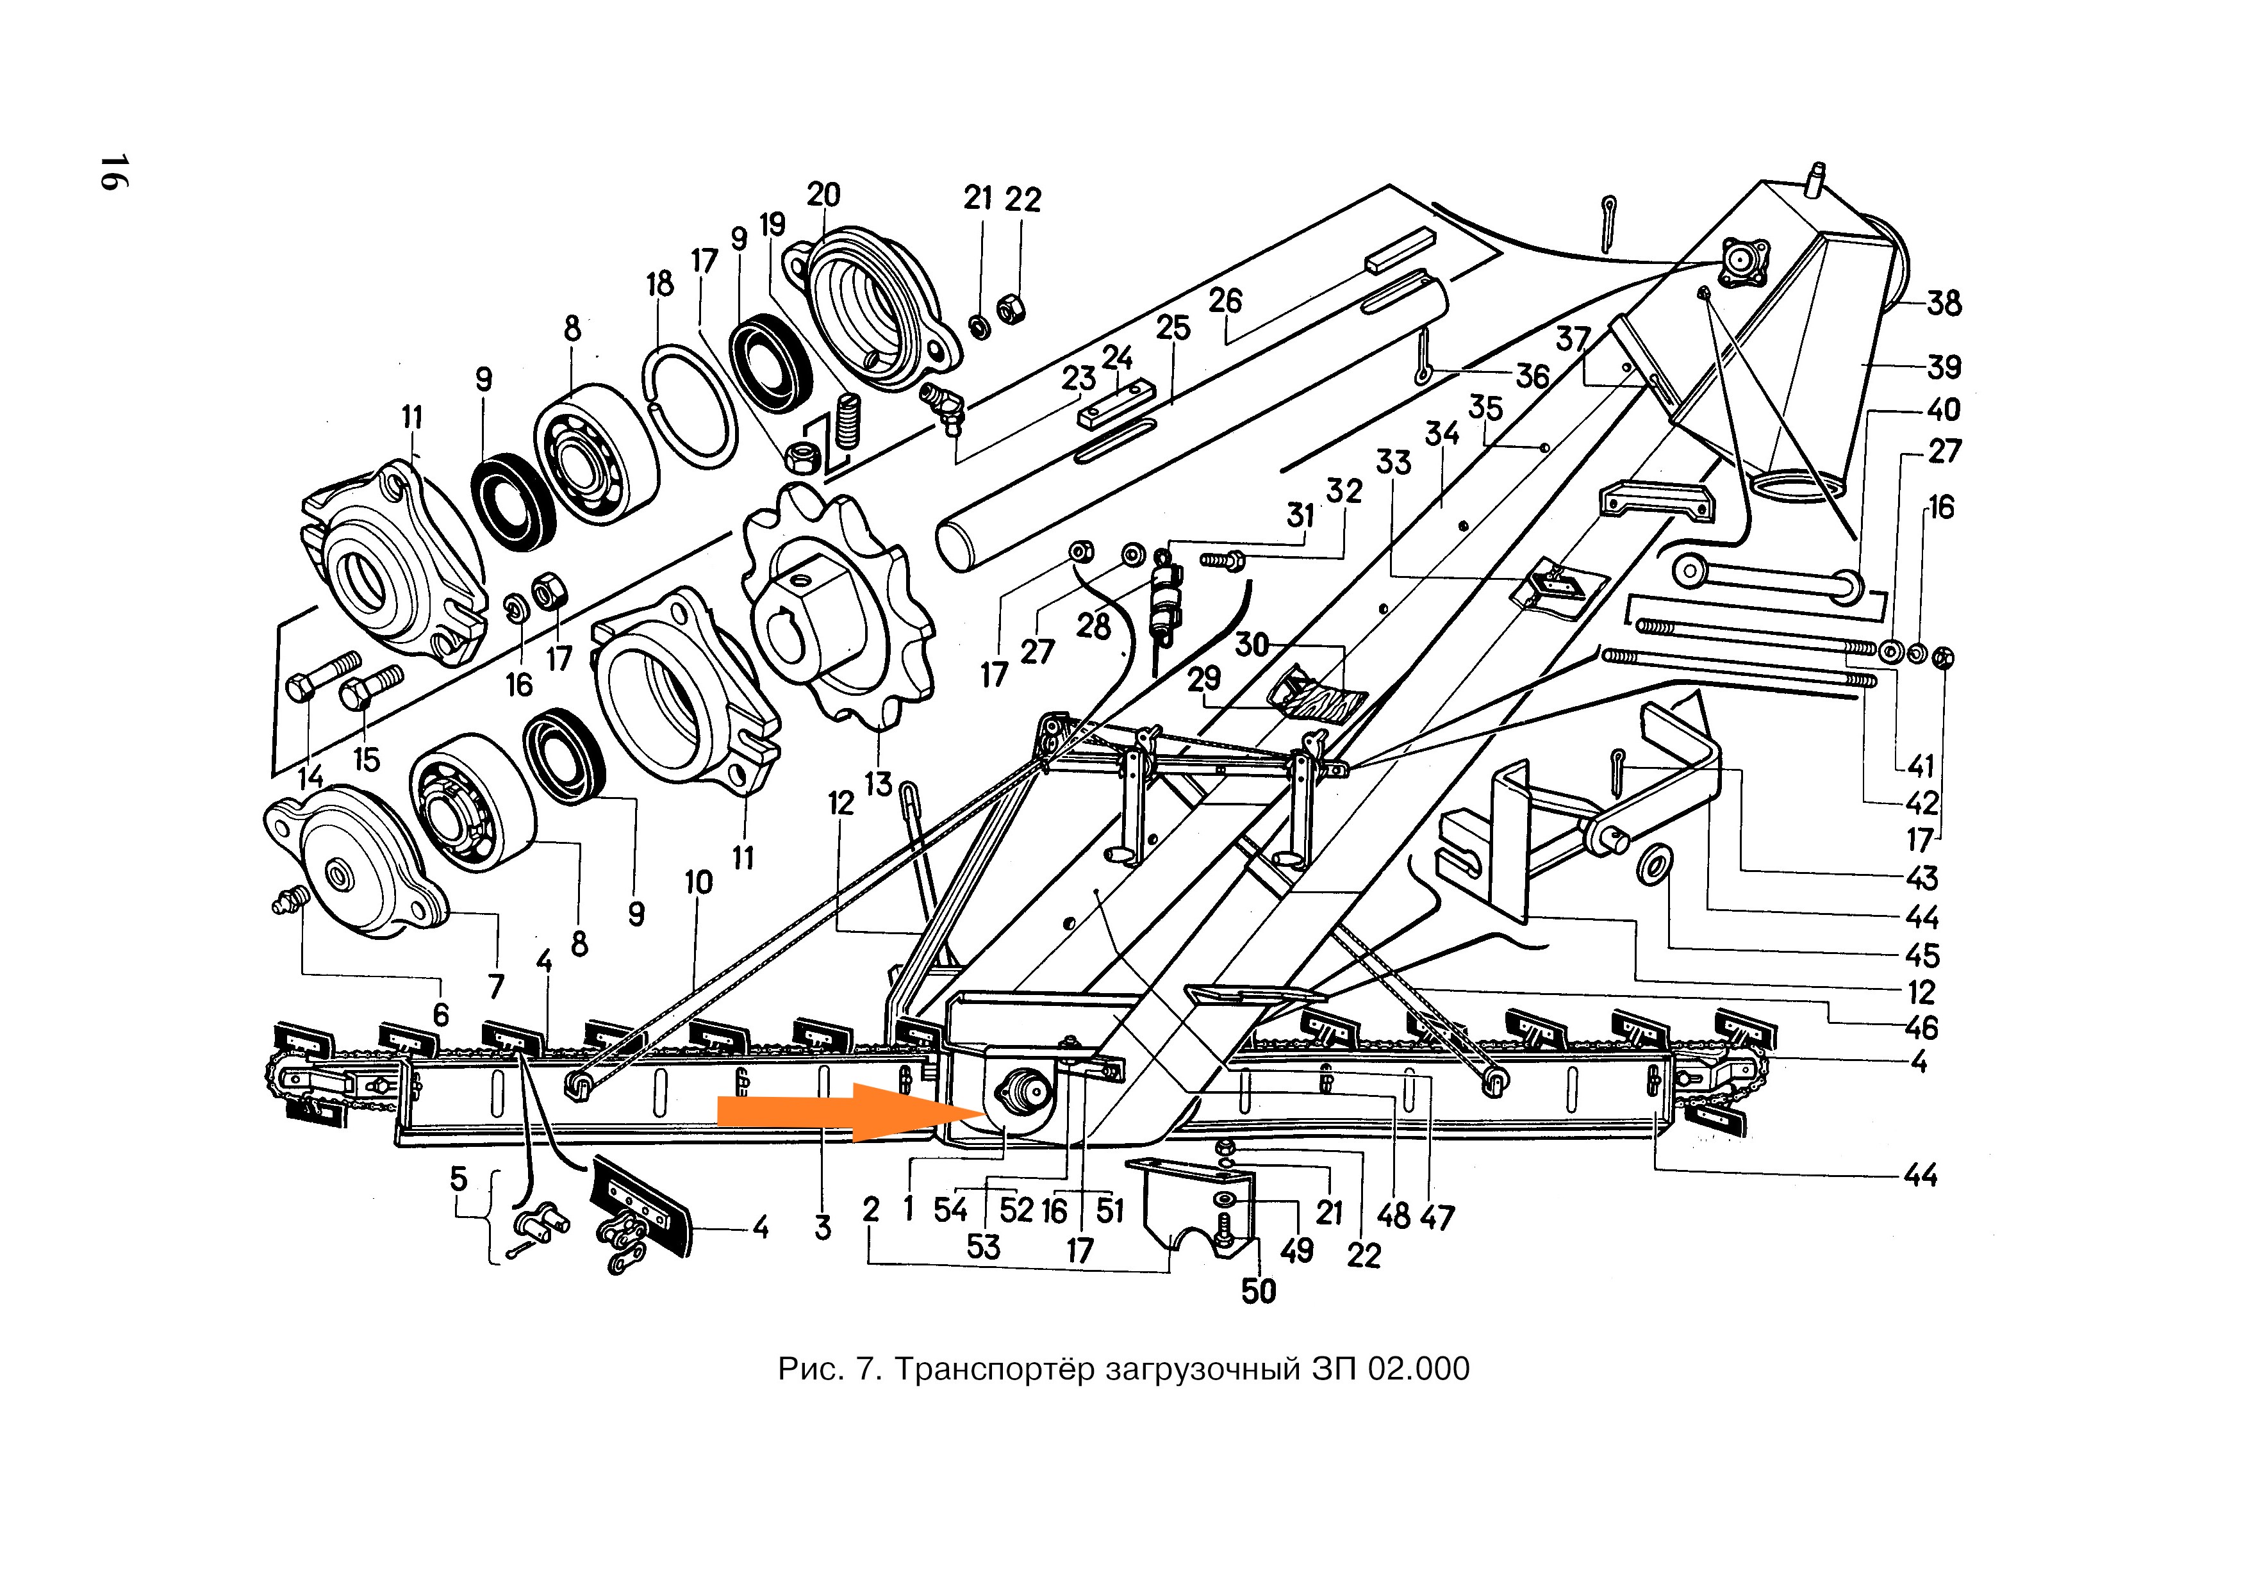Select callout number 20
point(823,195)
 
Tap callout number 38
point(1944,304)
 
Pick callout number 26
point(1225,301)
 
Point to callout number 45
point(1921,955)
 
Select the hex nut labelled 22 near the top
point(1011,309)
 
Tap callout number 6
point(441,1016)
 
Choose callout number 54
point(950,1210)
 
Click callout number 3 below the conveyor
point(822,1228)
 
